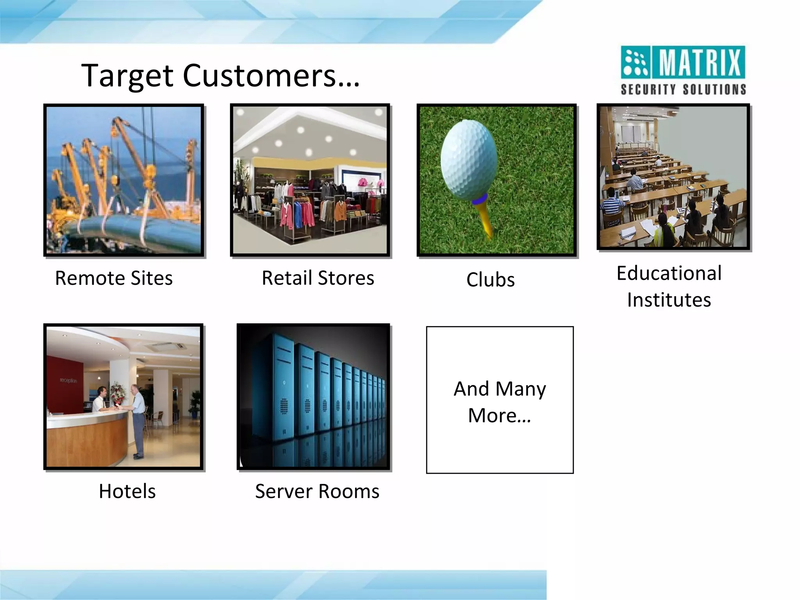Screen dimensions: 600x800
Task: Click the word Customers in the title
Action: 259,75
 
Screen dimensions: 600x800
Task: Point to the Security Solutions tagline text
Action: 683,89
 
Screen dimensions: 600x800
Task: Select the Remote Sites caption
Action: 114,278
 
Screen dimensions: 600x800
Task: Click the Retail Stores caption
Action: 318,278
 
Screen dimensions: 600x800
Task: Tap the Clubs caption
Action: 490,280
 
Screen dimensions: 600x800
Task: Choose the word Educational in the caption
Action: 669,273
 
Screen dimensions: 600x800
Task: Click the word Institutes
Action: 669,300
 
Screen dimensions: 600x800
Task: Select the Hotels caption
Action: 127,491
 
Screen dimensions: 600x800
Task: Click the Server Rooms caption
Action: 317,491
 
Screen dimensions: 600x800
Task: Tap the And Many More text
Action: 500,402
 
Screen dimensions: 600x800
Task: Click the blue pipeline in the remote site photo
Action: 129,230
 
